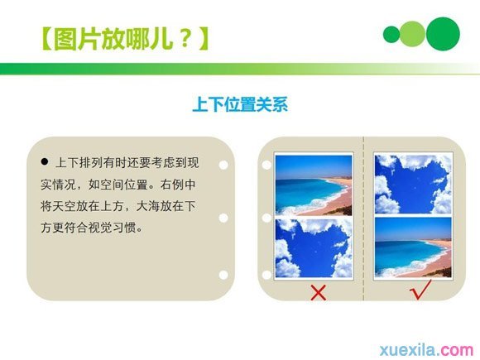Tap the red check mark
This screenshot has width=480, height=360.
point(421,289)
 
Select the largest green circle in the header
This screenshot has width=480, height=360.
point(443,33)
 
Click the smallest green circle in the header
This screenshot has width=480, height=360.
point(391,34)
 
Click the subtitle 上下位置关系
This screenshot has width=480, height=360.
point(240,105)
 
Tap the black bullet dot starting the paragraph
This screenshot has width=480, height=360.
point(46,160)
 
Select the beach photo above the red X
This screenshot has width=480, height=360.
point(314,185)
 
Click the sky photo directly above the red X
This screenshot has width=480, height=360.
point(314,247)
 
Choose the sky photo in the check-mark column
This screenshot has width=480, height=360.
point(413,184)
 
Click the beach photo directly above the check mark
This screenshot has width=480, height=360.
point(413,247)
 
